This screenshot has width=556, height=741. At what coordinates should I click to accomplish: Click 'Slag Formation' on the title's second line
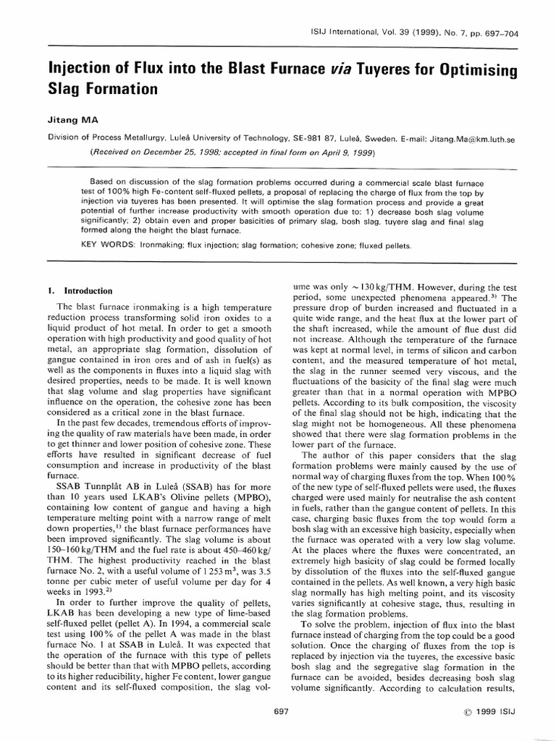pyautogui.click(x=102, y=90)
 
